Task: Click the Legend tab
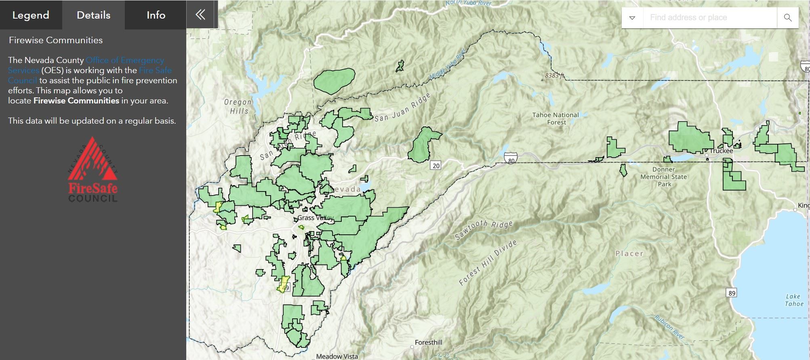[x=31, y=15]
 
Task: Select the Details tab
[x=93, y=15]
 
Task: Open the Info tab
[x=156, y=15]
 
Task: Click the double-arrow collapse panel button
[x=200, y=15]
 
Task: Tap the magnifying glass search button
[x=787, y=18]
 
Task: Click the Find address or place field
[x=709, y=18]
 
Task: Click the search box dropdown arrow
[x=632, y=18]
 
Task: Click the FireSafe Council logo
[x=93, y=170]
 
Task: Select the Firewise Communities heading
[x=56, y=40]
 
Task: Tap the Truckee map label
[x=721, y=151]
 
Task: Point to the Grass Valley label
[x=315, y=218]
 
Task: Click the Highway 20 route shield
[x=436, y=166]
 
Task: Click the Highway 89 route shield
[x=732, y=293]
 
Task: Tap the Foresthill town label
[x=428, y=343]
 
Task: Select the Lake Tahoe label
[x=793, y=300]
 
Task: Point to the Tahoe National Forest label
[x=555, y=118]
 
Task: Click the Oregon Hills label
[x=238, y=107]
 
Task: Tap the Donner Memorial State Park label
[x=663, y=177]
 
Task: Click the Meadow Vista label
[x=337, y=356]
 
